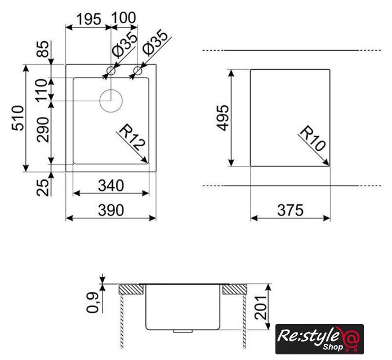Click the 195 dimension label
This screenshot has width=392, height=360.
pos(88,19)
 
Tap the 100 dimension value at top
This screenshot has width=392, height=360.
pos(123,18)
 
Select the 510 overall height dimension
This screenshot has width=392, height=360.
pos(18,118)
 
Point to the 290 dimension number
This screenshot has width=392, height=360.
pos(43,130)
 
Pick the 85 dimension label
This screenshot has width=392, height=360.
pos(43,49)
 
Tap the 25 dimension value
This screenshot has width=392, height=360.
pos(43,188)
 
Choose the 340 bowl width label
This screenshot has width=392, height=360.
pos(111,186)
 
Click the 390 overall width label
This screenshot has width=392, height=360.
pos(111,210)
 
